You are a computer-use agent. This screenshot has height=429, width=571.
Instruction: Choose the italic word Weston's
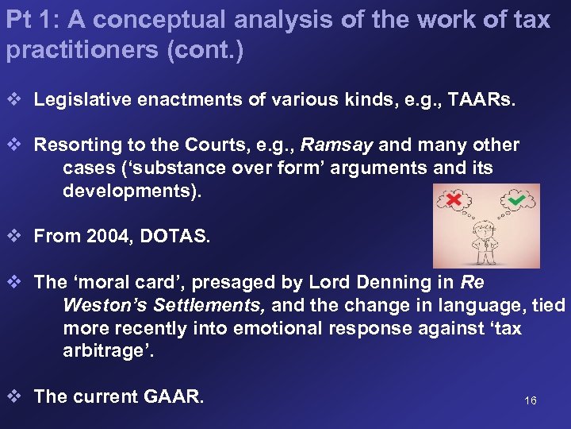point(102,306)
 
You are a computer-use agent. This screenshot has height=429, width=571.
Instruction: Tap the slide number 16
point(531,400)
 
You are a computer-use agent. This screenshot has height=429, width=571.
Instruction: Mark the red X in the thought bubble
point(454,199)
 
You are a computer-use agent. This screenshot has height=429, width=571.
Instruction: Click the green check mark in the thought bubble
point(516,201)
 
